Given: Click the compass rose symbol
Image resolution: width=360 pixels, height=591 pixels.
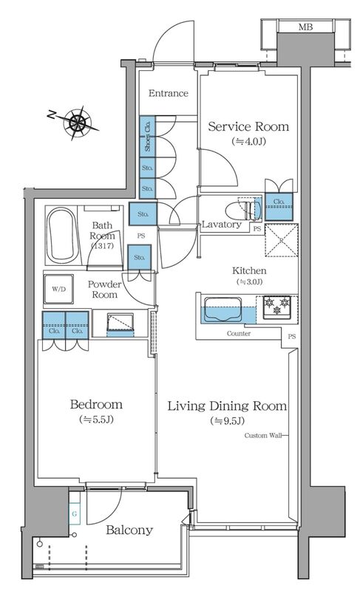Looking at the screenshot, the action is pos(78,122).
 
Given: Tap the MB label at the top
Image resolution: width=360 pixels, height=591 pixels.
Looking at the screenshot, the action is pos(305,27).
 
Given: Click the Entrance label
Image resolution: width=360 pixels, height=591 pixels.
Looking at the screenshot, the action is pos(168,93).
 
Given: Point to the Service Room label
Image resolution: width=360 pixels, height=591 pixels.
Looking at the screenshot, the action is pos(248,126).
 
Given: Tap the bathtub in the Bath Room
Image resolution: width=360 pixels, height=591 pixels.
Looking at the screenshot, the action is pos(61,236).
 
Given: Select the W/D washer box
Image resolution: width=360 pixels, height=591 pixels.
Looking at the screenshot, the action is pos(58,289).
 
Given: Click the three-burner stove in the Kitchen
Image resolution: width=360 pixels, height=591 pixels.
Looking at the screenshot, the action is pos(277,306).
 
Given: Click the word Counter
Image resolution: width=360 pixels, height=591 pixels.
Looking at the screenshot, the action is pos(239,334).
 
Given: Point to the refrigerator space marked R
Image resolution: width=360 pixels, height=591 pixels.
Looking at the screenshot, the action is pos(282,240).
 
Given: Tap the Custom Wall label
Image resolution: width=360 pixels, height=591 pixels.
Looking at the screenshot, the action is pos(263,435).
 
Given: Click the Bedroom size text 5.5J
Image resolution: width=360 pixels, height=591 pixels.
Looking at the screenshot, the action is pos(96,420).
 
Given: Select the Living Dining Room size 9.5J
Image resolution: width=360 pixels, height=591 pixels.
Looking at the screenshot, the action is pos(227,421).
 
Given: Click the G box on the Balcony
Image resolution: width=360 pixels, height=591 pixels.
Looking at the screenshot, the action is pos(74,513).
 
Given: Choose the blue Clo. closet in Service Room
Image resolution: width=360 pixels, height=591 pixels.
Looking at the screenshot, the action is pos(279,207).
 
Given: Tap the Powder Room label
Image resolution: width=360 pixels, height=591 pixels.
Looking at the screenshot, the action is pos(104,290).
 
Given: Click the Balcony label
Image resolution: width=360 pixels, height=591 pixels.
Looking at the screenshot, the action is pos(129,530).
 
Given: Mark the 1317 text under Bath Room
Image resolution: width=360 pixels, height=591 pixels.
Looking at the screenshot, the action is pos(102,246).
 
